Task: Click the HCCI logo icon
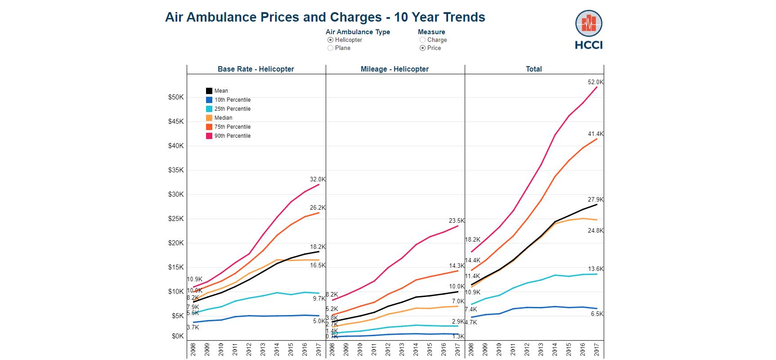tap(588, 24)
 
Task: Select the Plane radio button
tap(331, 48)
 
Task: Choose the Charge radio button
tap(422, 40)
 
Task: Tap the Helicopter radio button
tap(331, 40)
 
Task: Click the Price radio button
tap(422, 48)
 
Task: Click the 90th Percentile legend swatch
tap(209, 136)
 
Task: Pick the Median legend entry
tap(223, 118)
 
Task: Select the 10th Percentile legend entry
tap(232, 100)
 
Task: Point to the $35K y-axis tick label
tap(176, 170)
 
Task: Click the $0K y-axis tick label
tap(178, 336)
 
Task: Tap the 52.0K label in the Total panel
tap(596, 82)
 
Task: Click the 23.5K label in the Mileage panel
tap(457, 221)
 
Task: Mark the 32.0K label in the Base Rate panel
tap(318, 180)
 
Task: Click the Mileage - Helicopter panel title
tap(395, 69)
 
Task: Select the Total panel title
tap(534, 69)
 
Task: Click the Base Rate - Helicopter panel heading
tap(256, 69)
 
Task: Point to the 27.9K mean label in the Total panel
tap(596, 200)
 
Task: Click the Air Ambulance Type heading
tap(358, 32)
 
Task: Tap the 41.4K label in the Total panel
tap(596, 134)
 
